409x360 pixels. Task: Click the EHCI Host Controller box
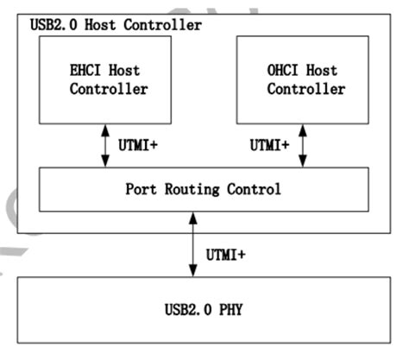[104, 80]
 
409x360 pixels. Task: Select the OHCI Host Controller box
[301, 80]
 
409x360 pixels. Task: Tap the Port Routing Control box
[204, 188]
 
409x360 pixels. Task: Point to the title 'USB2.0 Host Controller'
[114, 25]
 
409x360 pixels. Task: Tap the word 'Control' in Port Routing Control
[256, 189]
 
